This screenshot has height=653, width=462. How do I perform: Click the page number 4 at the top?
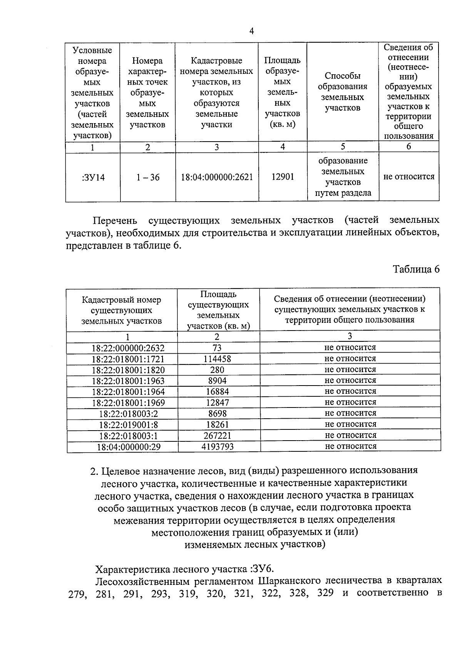[251, 31]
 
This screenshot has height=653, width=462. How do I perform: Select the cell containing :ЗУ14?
[93, 177]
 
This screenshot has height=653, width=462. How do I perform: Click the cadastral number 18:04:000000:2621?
[217, 177]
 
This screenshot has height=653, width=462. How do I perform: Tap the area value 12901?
[283, 177]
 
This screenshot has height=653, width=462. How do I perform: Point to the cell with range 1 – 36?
[148, 177]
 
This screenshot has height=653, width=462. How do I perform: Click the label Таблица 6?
[416, 269]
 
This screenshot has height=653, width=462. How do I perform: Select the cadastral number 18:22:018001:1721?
[128, 359]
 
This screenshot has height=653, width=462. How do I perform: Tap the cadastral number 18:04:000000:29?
[129, 447]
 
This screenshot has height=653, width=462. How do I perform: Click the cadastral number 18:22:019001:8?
[129, 424]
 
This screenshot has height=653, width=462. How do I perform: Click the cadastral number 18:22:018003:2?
[129, 414]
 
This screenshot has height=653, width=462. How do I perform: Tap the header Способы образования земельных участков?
[342, 92]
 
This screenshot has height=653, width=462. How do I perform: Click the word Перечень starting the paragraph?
[115, 220]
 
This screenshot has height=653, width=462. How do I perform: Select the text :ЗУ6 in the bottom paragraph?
[263, 569]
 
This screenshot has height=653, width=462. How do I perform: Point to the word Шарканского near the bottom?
[288, 580]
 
